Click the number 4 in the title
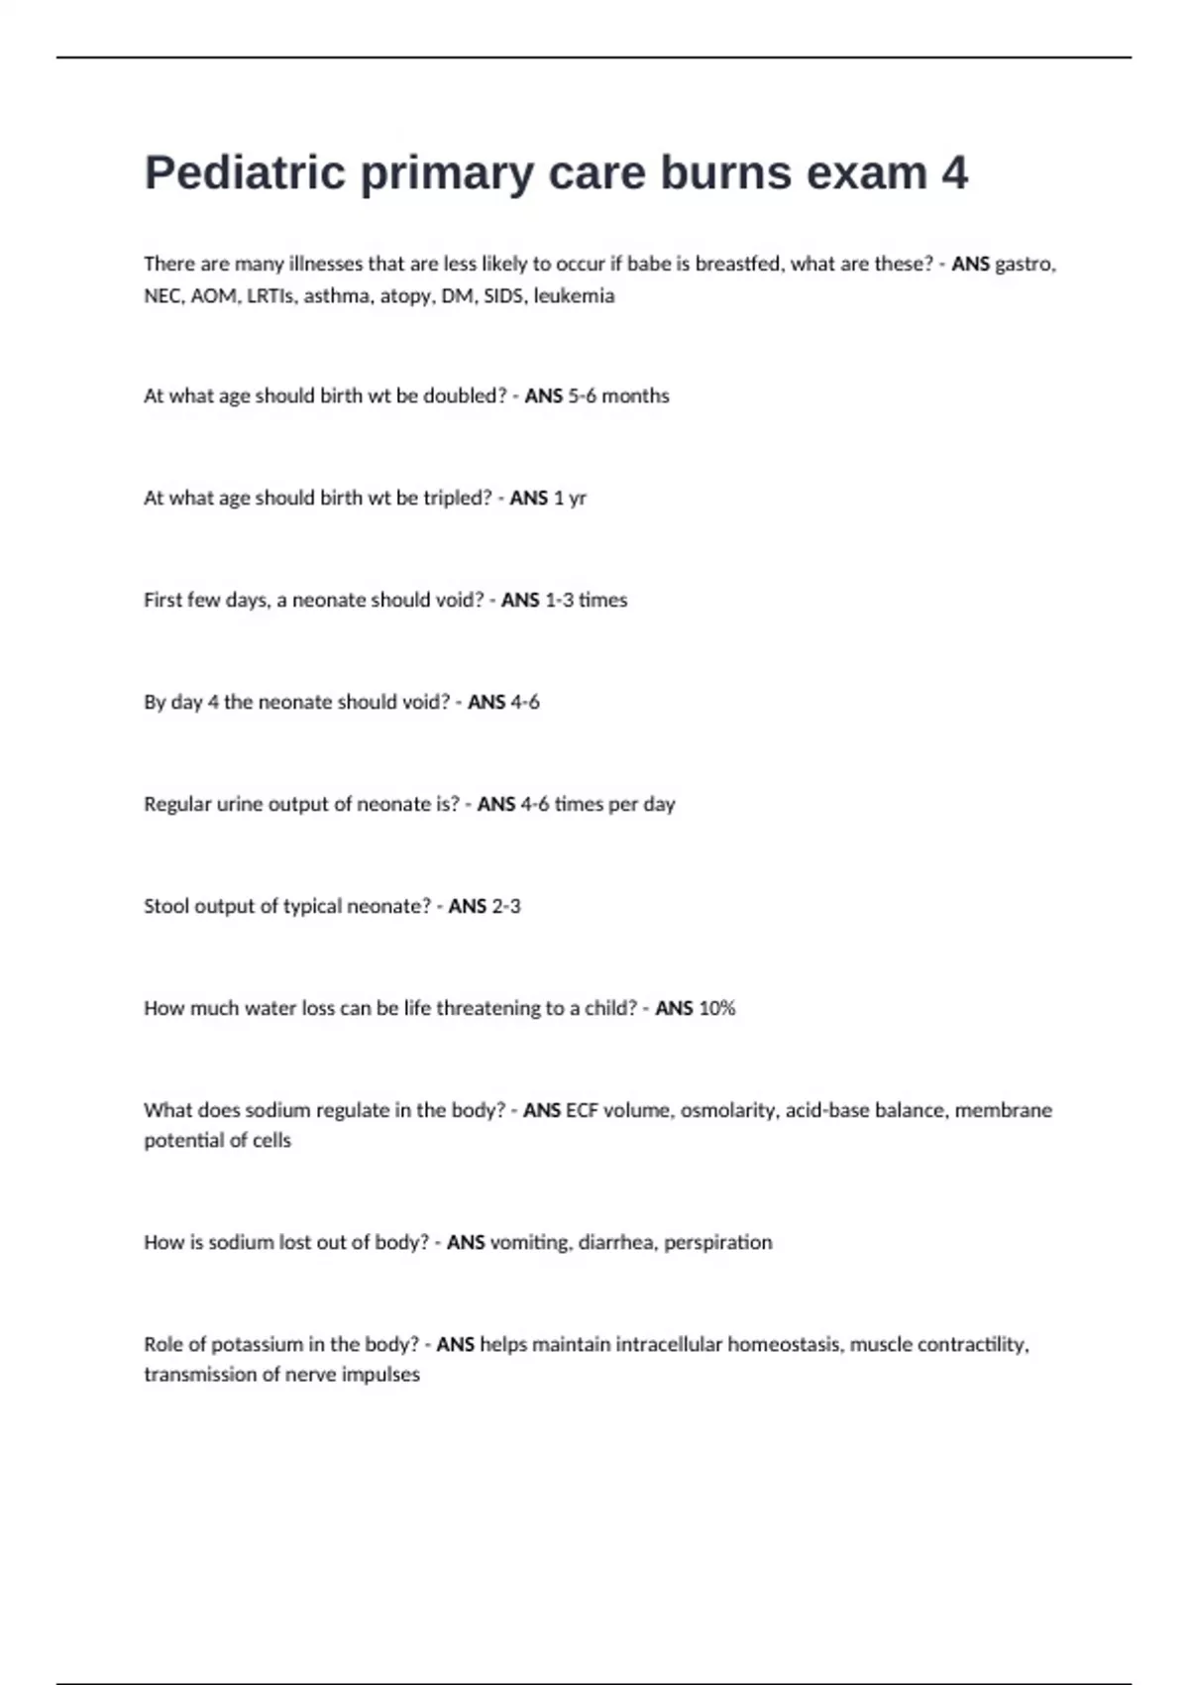pos(953,173)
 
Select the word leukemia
pos(574,295)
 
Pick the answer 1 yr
pos(570,498)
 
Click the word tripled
pos(458,498)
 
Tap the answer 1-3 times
pos(586,600)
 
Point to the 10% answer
pos(716,1008)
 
